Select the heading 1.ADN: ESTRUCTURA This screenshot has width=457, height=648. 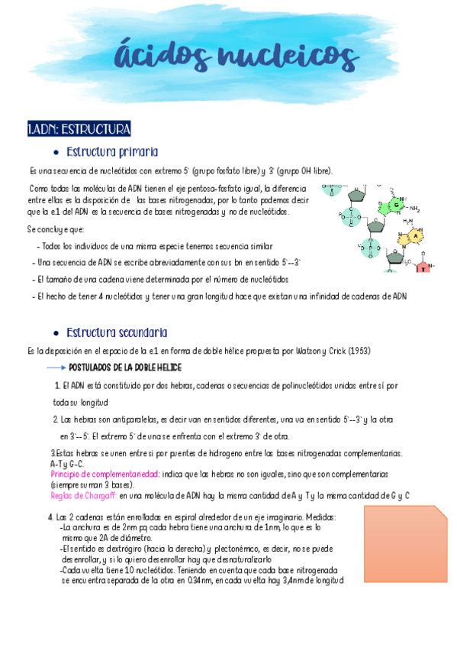pos(79,128)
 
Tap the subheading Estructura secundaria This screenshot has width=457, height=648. pos(117,333)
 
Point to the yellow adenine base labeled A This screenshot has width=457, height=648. pos(417,236)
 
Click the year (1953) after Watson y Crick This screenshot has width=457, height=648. pos(356,351)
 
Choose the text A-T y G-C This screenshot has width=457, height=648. pos(67,464)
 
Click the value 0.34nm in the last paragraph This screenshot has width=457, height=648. pos(200,581)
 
